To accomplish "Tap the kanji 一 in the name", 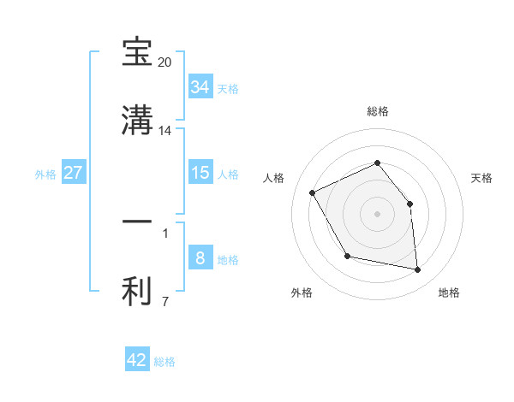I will [x=138, y=222].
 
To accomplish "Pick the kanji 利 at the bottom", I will [x=138, y=291].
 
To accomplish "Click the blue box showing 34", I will [x=200, y=87].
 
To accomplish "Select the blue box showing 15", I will [x=200, y=173].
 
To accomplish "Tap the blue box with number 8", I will [x=200, y=258].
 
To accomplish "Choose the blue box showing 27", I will [x=73, y=173].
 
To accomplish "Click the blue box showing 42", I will [x=137, y=360].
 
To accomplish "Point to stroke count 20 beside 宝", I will [x=165, y=63].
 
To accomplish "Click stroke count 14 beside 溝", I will [x=165, y=131].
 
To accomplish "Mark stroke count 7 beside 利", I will [x=164, y=300].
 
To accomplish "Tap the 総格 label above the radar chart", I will [x=378, y=111].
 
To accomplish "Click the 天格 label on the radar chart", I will [x=481, y=178].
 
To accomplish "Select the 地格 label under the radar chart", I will [x=449, y=293].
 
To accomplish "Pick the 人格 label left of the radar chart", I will [x=274, y=178].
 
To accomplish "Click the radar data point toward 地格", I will [x=418, y=270].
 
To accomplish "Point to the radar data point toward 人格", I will [x=314, y=192].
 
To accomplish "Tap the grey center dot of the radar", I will [x=378, y=213].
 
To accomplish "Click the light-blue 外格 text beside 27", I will [x=45, y=174].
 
